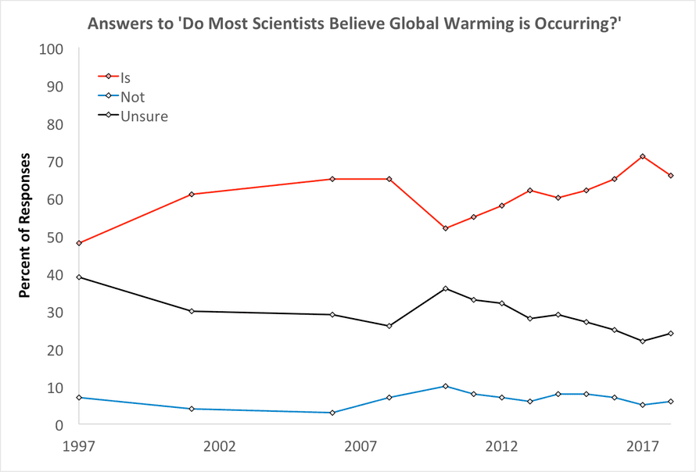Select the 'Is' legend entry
(x=126, y=79)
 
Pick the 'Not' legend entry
(x=132, y=98)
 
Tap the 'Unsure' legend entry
(x=144, y=116)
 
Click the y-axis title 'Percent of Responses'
(x=24, y=226)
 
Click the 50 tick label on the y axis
(x=56, y=237)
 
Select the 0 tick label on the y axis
(x=59, y=425)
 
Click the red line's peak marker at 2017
(x=643, y=156)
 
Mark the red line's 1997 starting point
(x=79, y=243)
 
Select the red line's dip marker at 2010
(x=446, y=228)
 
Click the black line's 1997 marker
(x=79, y=277)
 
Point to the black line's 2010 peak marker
(x=446, y=288)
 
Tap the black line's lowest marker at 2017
(x=643, y=341)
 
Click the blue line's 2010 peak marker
(x=446, y=386)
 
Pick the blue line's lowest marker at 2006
(x=333, y=413)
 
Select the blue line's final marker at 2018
(x=671, y=402)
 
